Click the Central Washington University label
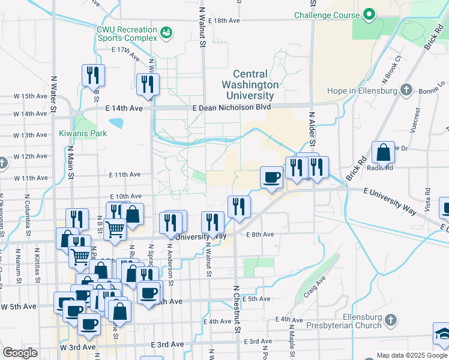pos(252,85)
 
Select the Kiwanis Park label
pos(83,133)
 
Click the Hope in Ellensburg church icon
pos(406,91)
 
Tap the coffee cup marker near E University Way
pos(271,178)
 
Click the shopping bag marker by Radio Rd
pos(383,153)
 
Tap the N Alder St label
pos(312,127)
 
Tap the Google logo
pos(20,353)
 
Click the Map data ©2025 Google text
pos(411,355)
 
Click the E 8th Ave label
pos(261,235)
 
